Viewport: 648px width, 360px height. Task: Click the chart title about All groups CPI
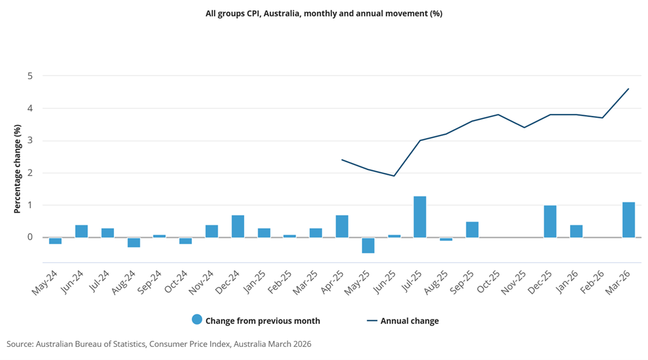coord(324,14)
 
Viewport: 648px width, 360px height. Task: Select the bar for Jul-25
coord(420,217)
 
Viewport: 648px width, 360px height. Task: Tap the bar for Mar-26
coord(628,220)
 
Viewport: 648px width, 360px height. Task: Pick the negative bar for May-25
coord(368,245)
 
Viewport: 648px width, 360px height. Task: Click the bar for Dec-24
coord(238,226)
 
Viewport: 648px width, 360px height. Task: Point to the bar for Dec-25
coord(550,221)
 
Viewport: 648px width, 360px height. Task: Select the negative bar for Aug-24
coord(134,243)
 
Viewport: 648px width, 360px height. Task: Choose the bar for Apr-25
coord(342,226)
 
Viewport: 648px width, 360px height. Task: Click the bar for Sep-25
coord(472,230)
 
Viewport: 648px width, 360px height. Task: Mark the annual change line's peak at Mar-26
coord(628,88)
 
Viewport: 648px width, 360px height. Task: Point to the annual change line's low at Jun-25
coord(394,176)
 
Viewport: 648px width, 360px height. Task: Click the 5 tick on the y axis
coord(29,76)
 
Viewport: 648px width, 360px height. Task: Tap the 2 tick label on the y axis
coord(29,173)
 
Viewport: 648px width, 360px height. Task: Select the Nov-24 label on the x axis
coord(202,282)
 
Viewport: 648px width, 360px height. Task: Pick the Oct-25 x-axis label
coord(488,282)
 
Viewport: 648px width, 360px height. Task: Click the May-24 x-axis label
coord(45,283)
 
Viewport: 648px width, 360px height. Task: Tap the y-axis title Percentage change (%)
coord(17,169)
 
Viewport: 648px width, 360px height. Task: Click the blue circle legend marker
coord(197,319)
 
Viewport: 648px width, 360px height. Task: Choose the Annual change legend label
coord(410,321)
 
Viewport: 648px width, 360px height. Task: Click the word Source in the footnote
coord(20,344)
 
